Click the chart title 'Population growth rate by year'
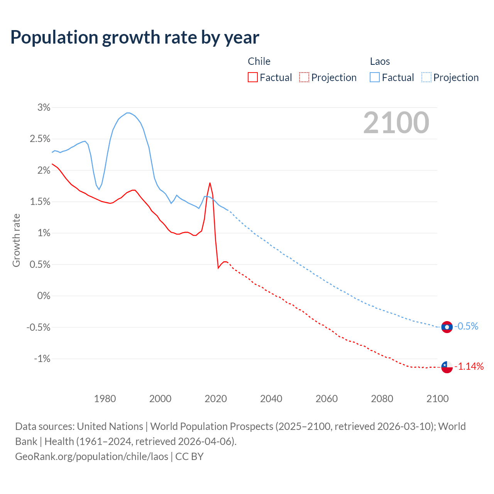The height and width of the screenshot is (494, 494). click(135, 37)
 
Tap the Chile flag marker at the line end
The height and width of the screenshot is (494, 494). click(447, 367)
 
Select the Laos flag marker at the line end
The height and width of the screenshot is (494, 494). click(447, 327)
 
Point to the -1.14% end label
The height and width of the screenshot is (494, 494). click(469, 367)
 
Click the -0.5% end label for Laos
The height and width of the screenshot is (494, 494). click(466, 327)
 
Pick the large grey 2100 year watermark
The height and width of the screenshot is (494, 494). click(396, 123)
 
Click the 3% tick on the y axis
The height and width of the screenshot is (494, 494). click(44, 108)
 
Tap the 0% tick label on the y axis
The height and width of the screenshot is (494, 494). click(44, 296)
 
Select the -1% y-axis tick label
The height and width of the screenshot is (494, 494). click(42, 359)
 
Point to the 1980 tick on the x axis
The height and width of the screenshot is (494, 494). click(105, 399)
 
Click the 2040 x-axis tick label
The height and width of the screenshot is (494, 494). click(271, 399)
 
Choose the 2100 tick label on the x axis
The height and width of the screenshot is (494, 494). click(438, 399)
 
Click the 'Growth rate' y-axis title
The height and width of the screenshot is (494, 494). click(16, 240)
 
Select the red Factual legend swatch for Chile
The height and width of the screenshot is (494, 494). click(253, 78)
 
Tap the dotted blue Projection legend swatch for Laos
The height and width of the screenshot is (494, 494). click(426, 78)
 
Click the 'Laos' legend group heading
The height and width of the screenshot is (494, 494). click(380, 61)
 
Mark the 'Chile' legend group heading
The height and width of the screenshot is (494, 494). click(259, 61)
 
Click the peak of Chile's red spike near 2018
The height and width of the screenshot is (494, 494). click(210, 183)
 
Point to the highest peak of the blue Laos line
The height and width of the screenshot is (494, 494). click(128, 113)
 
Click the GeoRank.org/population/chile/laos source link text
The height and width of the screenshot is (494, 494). click(92, 457)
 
